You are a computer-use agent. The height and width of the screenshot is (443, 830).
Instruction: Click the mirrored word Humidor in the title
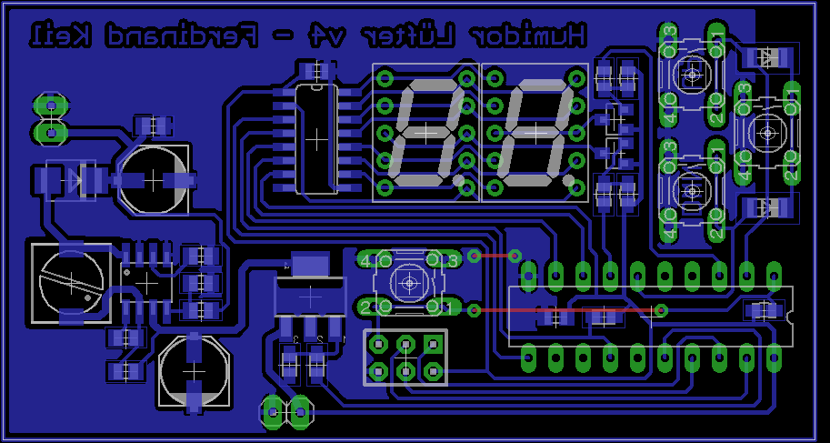[533, 37]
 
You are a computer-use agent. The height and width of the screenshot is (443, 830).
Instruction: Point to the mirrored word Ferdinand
[174, 37]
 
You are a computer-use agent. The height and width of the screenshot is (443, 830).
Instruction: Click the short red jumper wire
[494, 256]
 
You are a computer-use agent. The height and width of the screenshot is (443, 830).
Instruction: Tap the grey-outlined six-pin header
[405, 357]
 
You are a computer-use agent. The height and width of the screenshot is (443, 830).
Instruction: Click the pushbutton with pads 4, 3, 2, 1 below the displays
[410, 283]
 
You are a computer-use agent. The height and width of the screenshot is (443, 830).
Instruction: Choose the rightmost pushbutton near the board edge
[768, 134]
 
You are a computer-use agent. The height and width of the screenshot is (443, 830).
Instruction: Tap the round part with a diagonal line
[69, 281]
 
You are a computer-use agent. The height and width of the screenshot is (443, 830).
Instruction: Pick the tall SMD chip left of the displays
[315, 137]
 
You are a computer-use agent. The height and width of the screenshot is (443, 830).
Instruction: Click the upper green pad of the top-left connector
[52, 106]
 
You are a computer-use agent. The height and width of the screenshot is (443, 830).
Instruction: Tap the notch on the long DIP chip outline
[788, 316]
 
